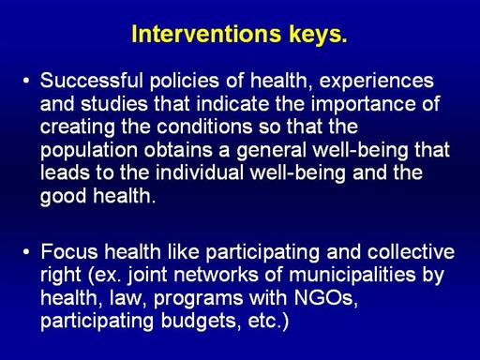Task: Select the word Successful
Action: coord(92,81)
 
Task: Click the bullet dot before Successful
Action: coord(26,81)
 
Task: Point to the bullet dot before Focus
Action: coord(26,252)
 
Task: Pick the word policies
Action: coord(185,82)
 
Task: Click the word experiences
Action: coord(376,82)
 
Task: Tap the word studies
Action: coord(114,104)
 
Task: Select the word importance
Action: coord(364,105)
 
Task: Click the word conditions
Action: coord(204,127)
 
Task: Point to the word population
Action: coord(89,151)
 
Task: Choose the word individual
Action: coord(200,172)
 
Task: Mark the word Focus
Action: coord(69,252)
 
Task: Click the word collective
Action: coord(411,252)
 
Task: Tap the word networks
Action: coord(216,275)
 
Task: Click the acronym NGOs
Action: coord(325,298)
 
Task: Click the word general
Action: coord(271,151)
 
